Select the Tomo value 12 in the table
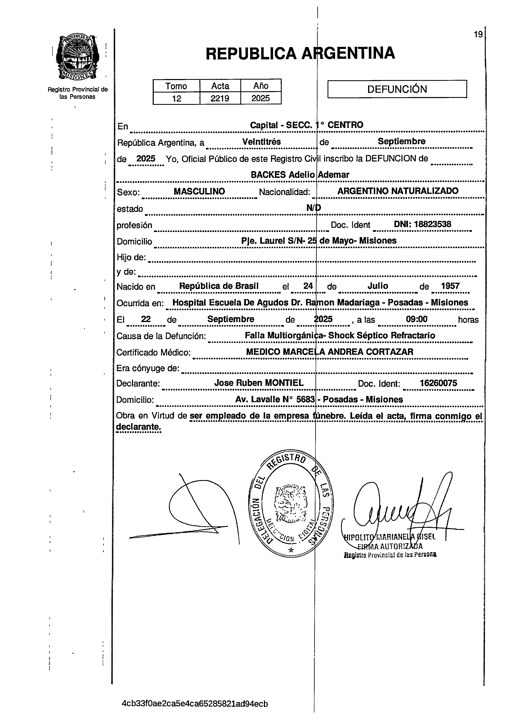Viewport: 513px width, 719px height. (176, 98)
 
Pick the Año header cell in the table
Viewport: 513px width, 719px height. (261, 86)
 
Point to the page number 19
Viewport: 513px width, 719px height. (478, 34)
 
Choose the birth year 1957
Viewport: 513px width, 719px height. (450, 286)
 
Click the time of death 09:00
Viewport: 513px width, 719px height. (416, 319)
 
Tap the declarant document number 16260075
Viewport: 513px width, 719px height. (438, 383)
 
